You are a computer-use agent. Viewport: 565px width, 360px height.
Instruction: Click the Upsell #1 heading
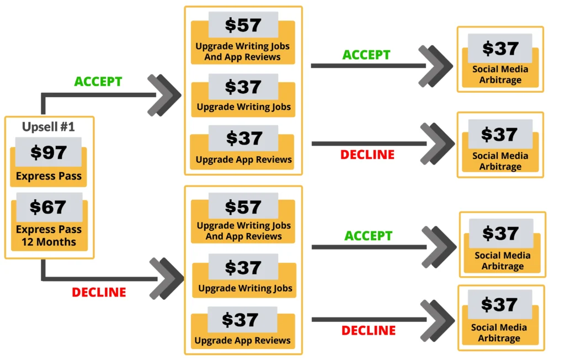point(49,126)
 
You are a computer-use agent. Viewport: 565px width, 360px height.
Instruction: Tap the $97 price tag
point(49,152)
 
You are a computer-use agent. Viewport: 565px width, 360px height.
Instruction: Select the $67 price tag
point(49,207)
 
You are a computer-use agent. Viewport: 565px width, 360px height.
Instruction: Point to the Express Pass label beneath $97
point(49,177)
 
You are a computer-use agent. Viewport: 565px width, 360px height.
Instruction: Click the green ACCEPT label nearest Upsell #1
point(98,82)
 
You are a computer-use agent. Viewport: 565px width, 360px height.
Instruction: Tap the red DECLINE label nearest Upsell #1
point(99,292)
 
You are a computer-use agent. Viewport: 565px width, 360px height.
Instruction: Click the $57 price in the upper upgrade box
point(243,25)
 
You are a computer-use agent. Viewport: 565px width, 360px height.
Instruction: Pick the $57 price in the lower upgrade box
point(243,207)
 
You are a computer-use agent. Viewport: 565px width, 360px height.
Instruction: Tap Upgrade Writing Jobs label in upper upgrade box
point(243,107)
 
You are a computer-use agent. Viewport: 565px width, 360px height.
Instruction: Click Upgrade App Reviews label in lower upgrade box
point(243,341)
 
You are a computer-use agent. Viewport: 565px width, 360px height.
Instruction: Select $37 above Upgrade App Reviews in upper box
point(243,138)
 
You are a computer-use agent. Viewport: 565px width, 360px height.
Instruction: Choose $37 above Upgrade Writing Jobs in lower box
point(243,267)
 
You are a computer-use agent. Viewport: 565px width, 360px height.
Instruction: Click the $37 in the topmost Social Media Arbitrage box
point(500,49)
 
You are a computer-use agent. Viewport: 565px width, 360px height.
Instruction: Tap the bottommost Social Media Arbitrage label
point(499,333)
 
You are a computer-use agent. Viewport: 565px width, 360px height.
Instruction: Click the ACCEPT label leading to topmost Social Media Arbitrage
point(366,55)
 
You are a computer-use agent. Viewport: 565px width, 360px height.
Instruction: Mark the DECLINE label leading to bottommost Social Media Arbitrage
point(369,330)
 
